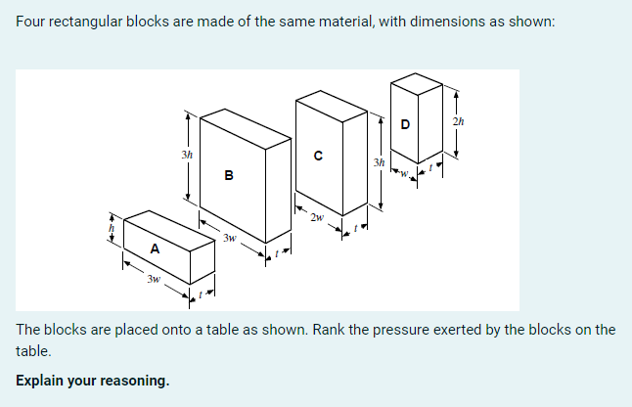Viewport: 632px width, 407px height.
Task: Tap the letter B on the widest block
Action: click(x=228, y=176)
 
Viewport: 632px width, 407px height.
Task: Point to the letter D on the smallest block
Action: click(x=405, y=124)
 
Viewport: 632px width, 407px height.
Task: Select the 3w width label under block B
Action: click(x=229, y=238)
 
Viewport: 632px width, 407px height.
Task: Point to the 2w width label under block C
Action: click(x=316, y=217)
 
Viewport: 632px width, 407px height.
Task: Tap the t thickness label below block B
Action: click(x=276, y=252)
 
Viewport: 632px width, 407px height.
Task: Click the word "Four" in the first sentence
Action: click(x=32, y=23)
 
